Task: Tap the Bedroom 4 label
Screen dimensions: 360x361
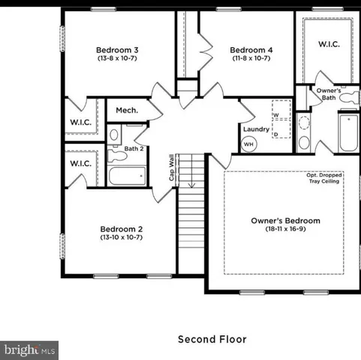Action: tap(251, 49)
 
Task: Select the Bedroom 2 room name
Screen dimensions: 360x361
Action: tap(122, 229)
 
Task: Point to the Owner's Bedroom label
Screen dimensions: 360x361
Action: tap(285, 221)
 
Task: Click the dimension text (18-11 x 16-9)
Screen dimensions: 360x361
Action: tap(285, 229)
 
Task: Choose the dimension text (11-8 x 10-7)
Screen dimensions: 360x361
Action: tap(251, 58)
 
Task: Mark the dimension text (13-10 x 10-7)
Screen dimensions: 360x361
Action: tap(122, 237)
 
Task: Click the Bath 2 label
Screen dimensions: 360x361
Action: tap(134, 148)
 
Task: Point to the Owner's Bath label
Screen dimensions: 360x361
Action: tap(328, 94)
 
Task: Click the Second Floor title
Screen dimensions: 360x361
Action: tap(211, 339)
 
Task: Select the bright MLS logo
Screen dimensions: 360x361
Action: tap(30, 349)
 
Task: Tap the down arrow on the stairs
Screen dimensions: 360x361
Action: tap(191, 180)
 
